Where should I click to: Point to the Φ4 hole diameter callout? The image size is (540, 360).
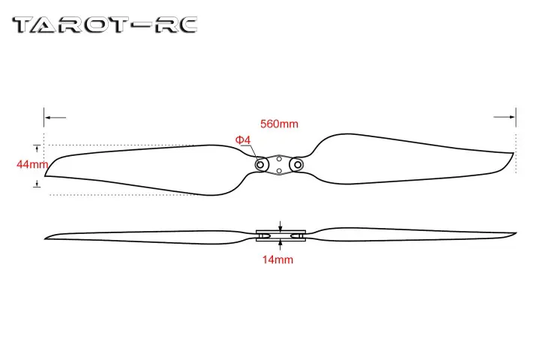tap(242, 139)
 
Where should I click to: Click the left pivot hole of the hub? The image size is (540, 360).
tap(262, 163)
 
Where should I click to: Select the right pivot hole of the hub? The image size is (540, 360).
tap(297, 163)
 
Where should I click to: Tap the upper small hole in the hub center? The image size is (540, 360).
tap(280, 158)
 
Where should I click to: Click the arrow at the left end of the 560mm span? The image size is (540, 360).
tap(49, 117)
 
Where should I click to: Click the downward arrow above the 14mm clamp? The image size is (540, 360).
tap(280, 225)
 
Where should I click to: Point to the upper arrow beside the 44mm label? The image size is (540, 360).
tap(36, 147)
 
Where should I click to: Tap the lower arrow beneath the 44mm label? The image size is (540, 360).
tap(36, 183)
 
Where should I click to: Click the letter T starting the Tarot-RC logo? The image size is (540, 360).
tap(26, 25)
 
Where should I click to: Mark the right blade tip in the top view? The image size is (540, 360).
tap(513, 154)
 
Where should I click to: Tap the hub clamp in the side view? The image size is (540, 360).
tap(280, 235)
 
